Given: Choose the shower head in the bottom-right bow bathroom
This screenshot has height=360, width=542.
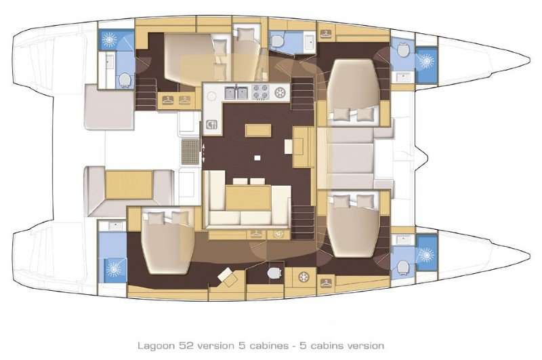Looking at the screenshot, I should tap(426, 254).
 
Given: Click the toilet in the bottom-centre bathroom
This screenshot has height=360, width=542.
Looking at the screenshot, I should tap(274, 272).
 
